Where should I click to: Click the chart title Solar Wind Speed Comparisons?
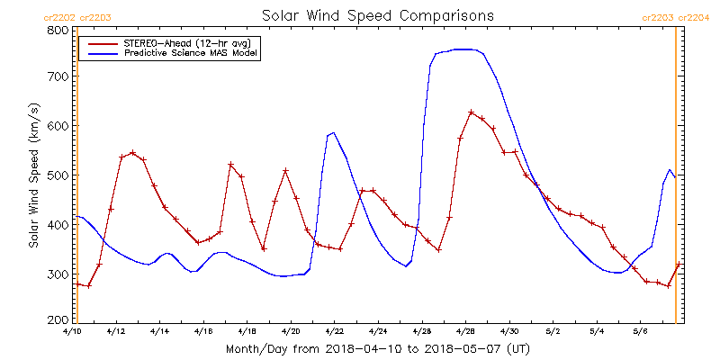tap(377, 16)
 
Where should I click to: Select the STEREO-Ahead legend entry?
tap(183, 41)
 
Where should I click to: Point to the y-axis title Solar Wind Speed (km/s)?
tap(33, 175)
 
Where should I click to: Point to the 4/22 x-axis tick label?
tap(334, 331)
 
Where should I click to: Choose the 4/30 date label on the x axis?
tap(508, 331)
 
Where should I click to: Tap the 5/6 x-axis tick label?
tap(639, 331)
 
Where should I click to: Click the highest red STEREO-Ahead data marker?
tap(471, 112)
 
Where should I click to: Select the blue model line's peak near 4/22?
tap(333, 133)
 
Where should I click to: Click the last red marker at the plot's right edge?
tap(679, 264)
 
